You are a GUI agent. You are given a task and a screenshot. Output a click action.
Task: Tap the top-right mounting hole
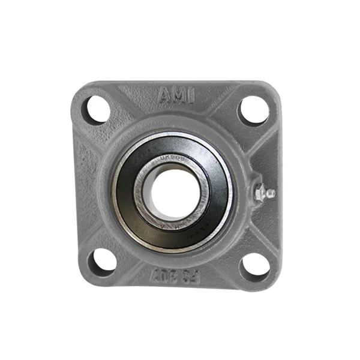(x=253, y=110)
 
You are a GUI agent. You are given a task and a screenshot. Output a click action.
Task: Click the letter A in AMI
(x=164, y=94)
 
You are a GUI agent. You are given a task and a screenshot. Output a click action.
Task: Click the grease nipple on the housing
(x=263, y=193)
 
